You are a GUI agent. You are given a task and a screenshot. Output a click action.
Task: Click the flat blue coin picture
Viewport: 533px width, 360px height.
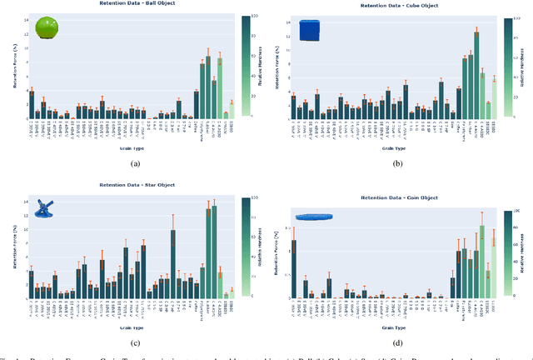click(x=314, y=217)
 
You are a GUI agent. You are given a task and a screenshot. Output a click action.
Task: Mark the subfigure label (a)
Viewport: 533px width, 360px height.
click(x=134, y=164)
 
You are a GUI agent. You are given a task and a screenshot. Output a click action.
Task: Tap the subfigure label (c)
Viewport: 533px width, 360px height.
click(x=134, y=342)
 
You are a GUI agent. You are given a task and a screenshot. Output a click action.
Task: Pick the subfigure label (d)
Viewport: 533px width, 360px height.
click(x=398, y=342)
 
